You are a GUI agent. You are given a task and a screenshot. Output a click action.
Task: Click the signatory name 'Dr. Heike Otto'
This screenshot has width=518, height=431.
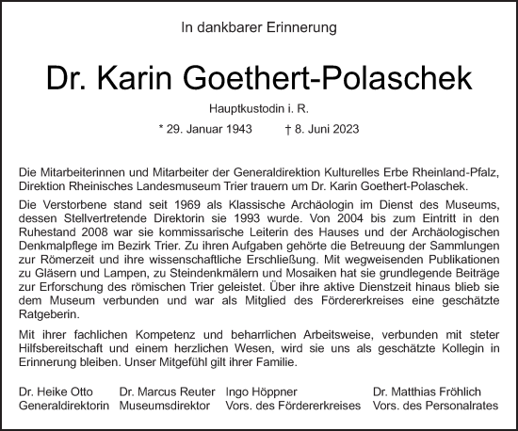(55, 391)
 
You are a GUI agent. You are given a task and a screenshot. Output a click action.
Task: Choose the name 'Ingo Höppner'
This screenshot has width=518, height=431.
(255, 391)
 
